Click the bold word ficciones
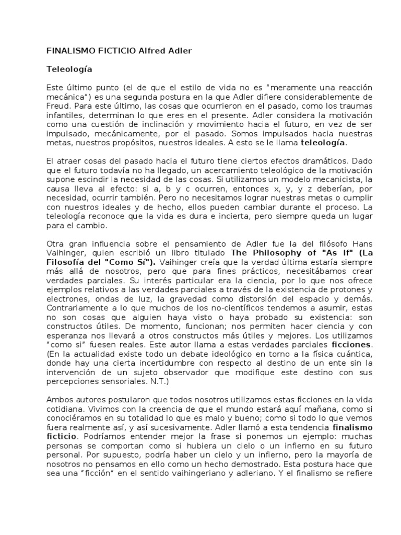click(x=337, y=346)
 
